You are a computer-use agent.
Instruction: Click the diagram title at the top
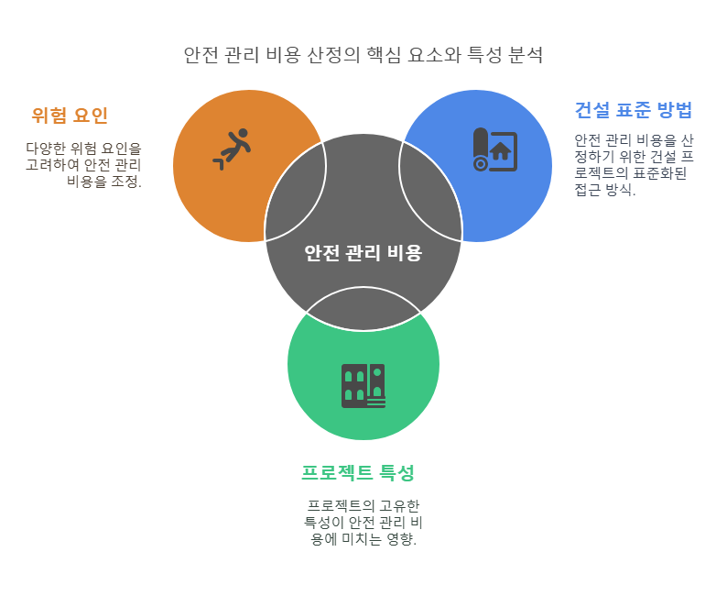tap(363, 55)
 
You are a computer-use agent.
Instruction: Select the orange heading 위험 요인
tap(70, 115)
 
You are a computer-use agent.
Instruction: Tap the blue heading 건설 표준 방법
tap(634, 110)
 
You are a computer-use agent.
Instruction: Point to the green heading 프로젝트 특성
tap(358, 472)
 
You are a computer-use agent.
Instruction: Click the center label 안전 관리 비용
tap(363, 253)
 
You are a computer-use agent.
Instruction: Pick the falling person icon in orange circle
tap(233, 149)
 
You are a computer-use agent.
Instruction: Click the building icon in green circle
tap(363, 386)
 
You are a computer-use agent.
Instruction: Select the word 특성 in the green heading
tap(396, 472)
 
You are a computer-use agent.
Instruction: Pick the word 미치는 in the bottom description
tap(360, 539)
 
